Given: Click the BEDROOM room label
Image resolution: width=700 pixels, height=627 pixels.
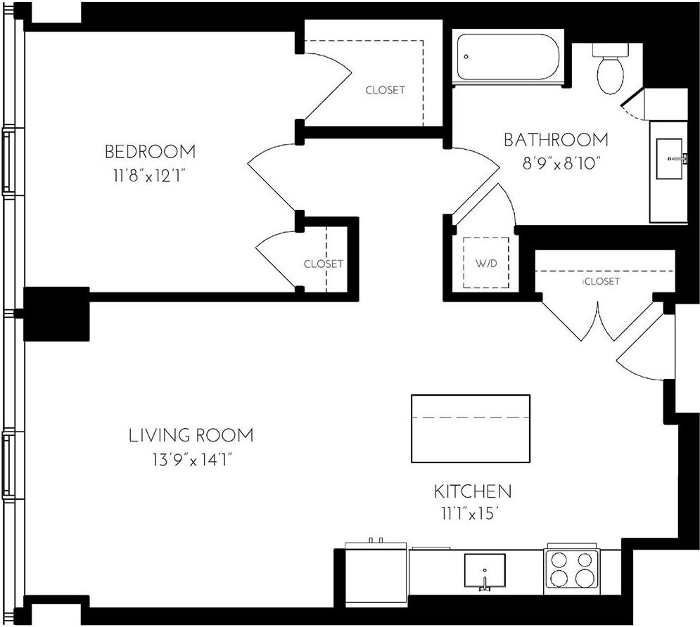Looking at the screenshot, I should pyautogui.click(x=150, y=151).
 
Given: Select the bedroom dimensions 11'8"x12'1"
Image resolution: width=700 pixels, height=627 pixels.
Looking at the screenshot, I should pyautogui.click(x=150, y=174).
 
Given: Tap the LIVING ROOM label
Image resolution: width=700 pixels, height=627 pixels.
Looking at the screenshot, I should pyautogui.click(x=191, y=435).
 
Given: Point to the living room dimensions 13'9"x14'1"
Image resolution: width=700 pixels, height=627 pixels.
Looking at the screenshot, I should pyautogui.click(x=191, y=460).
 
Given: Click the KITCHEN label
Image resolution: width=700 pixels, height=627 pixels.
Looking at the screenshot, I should pyautogui.click(x=472, y=491).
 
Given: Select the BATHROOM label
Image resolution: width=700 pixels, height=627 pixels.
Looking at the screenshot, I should pyautogui.click(x=556, y=140).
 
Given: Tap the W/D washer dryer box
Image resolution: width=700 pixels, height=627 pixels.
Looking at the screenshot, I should pyautogui.click(x=486, y=263).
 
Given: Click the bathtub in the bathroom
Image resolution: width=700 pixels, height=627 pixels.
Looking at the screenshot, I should pyautogui.click(x=509, y=58).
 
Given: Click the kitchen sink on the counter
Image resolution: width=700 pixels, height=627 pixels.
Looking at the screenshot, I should pyautogui.click(x=485, y=569).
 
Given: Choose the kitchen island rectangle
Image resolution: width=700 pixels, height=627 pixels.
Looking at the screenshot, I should pyautogui.click(x=470, y=428).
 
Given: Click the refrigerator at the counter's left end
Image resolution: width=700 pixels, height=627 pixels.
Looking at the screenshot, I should pyautogui.click(x=376, y=573).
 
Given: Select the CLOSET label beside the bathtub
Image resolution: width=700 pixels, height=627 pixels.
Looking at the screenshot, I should pyautogui.click(x=386, y=90).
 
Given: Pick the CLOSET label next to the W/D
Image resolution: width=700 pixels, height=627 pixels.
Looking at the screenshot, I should pyautogui.click(x=602, y=281).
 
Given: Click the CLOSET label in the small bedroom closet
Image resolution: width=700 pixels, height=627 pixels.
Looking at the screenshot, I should pyautogui.click(x=323, y=264).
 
